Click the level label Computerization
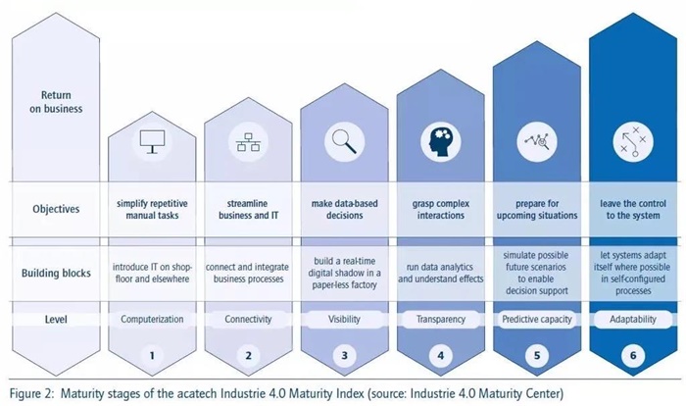152,319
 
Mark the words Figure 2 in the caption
31,392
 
